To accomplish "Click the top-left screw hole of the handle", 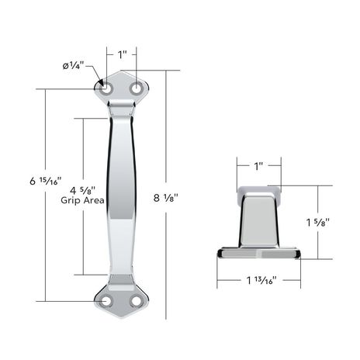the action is point(106,89).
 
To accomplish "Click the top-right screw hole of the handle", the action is point(137,89).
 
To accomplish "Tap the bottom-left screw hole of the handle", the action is point(106,301).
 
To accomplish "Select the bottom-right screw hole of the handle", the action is point(137,301).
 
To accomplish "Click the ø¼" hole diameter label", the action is point(74,66).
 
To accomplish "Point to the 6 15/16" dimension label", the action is point(46,181).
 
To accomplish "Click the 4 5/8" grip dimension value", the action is point(83,190).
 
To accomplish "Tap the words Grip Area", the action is point(82,200).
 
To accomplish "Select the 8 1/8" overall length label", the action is point(166,198).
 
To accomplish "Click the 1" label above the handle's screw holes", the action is point(122,54).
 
